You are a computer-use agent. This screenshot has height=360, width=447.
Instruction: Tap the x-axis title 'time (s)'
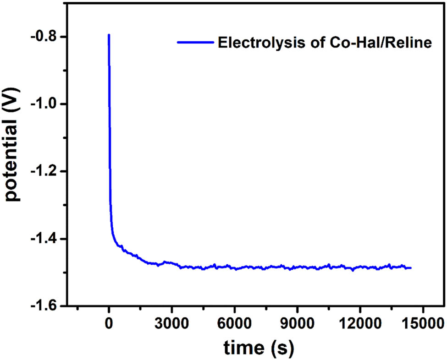259,348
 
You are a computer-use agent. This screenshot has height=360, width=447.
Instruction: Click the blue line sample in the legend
195,42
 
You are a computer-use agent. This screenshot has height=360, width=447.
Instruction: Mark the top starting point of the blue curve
109,35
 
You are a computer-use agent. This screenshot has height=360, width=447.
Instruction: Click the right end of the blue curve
410,268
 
